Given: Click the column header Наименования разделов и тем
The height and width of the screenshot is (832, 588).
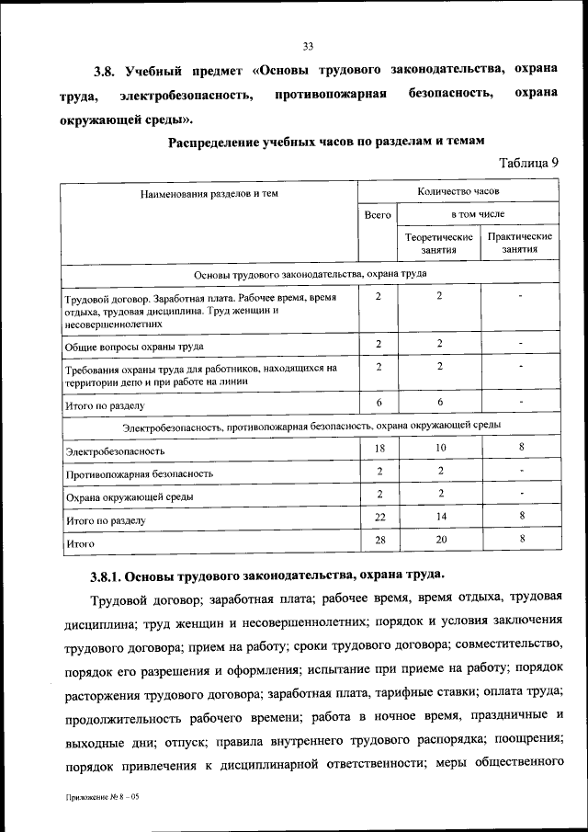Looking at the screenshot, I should coord(209,194).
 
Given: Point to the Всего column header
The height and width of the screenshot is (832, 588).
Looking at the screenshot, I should coord(378,214).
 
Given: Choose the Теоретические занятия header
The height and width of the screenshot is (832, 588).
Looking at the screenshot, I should coord(439,244).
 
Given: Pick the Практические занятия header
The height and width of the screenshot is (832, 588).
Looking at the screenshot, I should coord(520,244).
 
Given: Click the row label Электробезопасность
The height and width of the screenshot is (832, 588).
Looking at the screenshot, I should coord(115,451).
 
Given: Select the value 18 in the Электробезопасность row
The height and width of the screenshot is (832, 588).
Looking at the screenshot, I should coord(379,447).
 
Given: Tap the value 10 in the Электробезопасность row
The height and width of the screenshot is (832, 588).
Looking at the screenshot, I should coord(439,447).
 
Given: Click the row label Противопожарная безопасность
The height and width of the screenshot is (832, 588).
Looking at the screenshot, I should coord(139,474).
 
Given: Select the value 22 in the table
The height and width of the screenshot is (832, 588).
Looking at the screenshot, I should coord(379,517).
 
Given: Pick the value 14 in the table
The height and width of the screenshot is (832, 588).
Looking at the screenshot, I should coord(439,517).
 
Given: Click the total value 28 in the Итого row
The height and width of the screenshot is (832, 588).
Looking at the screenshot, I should coord(379,540).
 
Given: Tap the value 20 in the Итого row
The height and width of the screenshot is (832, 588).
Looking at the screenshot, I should coord(439,540).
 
